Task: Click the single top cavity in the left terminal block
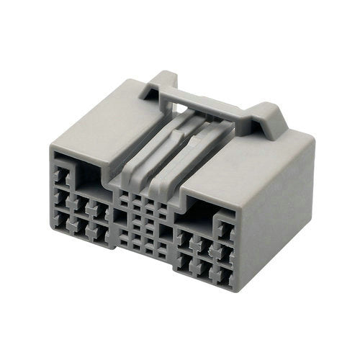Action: pyautogui.click(x=61, y=172)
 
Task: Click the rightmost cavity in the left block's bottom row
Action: pyautogui.click(x=101, y=235)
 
